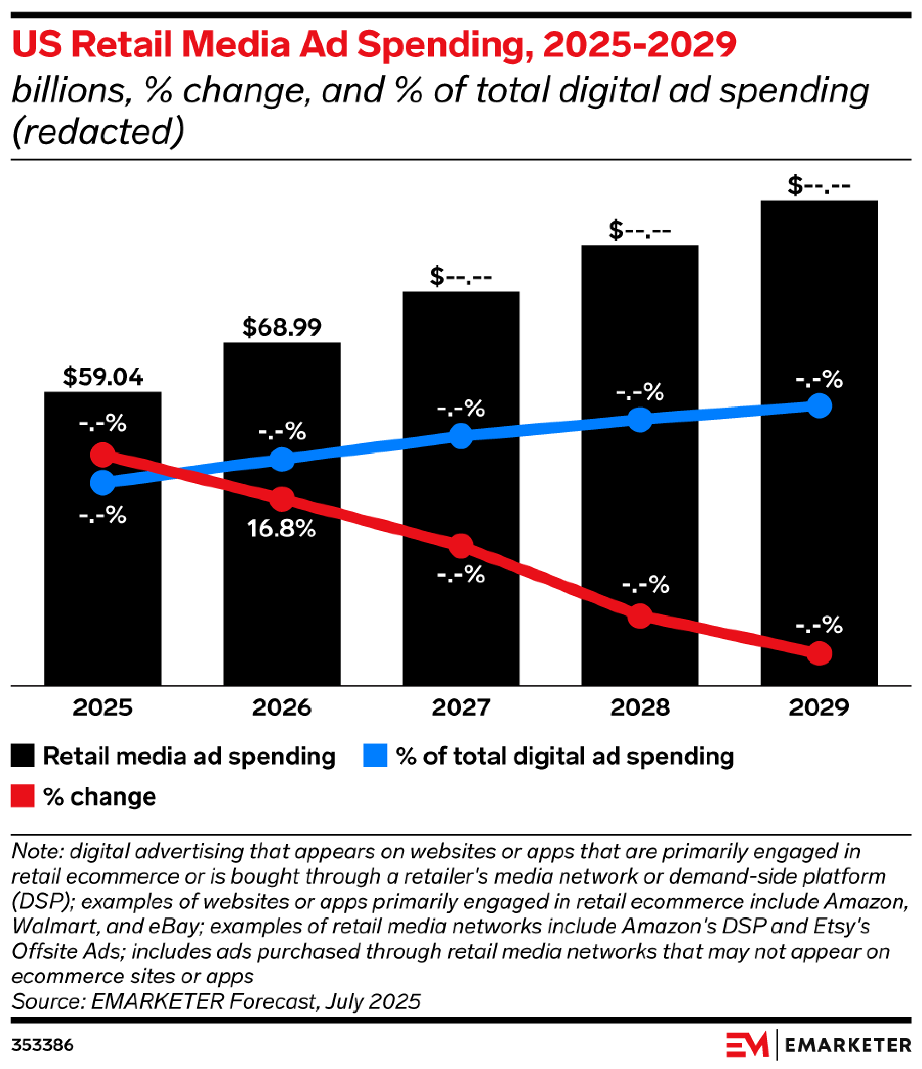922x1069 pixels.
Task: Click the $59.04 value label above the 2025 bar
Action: point(103,377)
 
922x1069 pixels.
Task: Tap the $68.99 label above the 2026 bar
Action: point(282,327)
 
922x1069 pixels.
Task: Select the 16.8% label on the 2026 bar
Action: point(282,529)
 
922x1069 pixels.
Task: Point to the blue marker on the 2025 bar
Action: point(103,483)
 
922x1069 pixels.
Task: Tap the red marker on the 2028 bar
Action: point(640,616)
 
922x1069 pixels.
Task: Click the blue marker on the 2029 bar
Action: point(819,406)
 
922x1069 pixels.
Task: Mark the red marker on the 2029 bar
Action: point(819,654)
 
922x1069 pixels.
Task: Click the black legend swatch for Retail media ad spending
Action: point(23,756)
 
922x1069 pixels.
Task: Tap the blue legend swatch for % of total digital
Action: point(375,756)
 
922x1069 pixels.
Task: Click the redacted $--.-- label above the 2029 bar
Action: point(819,185)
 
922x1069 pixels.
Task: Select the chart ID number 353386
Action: point(43,1045)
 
